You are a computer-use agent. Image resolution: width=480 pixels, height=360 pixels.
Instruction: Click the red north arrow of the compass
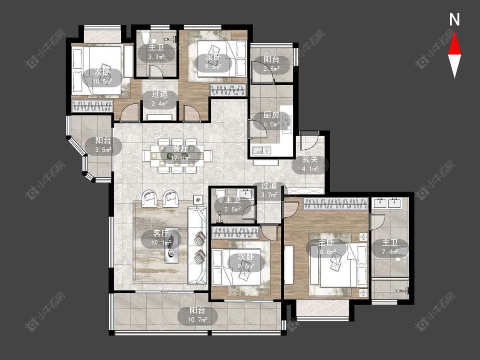(454, 44)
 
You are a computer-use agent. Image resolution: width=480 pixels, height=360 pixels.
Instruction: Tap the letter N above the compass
(454, 20)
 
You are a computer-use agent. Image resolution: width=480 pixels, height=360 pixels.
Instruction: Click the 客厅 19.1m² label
(160, 238)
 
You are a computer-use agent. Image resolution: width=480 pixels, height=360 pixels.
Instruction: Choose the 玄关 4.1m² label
(310, 164)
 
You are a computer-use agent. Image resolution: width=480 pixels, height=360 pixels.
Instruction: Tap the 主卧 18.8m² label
(326, 247)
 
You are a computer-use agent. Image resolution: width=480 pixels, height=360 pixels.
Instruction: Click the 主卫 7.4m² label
(390, 247)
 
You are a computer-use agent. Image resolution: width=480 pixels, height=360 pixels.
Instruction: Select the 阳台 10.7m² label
(198, 315)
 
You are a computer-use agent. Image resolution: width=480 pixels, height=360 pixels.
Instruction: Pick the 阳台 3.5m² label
(103, 145)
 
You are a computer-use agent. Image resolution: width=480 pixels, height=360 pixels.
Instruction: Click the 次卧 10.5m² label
(102, 76)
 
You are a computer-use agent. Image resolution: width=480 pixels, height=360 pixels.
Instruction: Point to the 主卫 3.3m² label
(156, 52)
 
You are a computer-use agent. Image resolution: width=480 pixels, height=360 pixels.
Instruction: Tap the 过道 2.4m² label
(160, 99)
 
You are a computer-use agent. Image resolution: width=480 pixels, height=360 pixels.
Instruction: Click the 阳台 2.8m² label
(271, 64)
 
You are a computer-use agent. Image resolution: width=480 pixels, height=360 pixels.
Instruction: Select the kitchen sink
(262, 150)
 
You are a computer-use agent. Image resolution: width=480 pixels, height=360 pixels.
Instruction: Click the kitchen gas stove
(287, 123)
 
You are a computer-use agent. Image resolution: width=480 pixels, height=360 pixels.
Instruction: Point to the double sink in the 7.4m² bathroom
(390, 203)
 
